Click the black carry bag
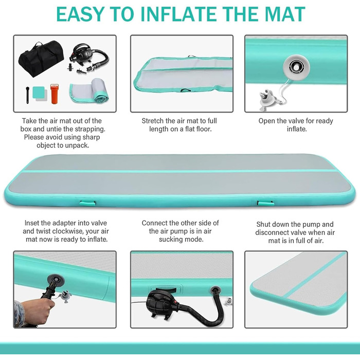point(41,59)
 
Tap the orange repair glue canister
point(55,94)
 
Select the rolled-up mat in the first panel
point(89,91)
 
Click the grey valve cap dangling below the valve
point(268,99)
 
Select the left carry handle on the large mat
point(87,203)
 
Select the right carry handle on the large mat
point(265,203)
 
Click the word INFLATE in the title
point(181,14)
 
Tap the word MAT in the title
point(285,14)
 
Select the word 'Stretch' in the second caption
point(152,121)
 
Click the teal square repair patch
point(39,92)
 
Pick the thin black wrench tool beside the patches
point(28,95)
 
